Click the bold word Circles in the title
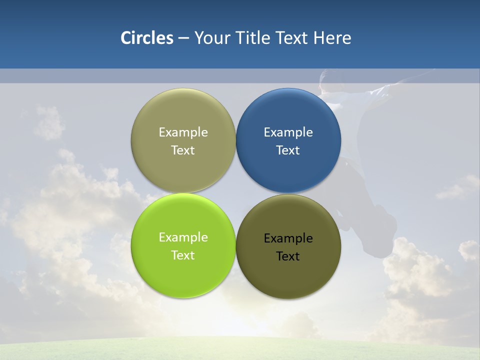(146, 38)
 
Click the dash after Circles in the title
(183, 38)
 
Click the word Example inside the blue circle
(288, 132)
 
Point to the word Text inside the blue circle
(288, 150)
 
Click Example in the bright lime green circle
(183, 237)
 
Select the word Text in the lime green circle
(183, 255)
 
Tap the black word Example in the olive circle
(288, 238)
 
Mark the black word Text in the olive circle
(288, 256)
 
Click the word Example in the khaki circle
(183, 132)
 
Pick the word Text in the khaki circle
(183, 150)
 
